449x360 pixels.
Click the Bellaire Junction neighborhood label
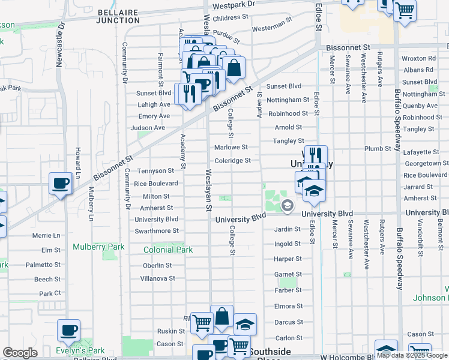118,16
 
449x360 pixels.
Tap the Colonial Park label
168,250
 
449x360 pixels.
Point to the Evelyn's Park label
80,350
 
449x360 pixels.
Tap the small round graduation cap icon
288,206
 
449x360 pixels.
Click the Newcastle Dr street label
60,46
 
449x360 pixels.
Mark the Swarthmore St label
157,230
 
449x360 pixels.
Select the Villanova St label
157,278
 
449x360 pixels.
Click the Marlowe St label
232,147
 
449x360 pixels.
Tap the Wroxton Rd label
419,59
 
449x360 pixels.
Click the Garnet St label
288,274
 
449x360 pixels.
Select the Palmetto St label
43,265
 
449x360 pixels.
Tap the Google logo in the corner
20,353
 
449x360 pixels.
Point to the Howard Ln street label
77,157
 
